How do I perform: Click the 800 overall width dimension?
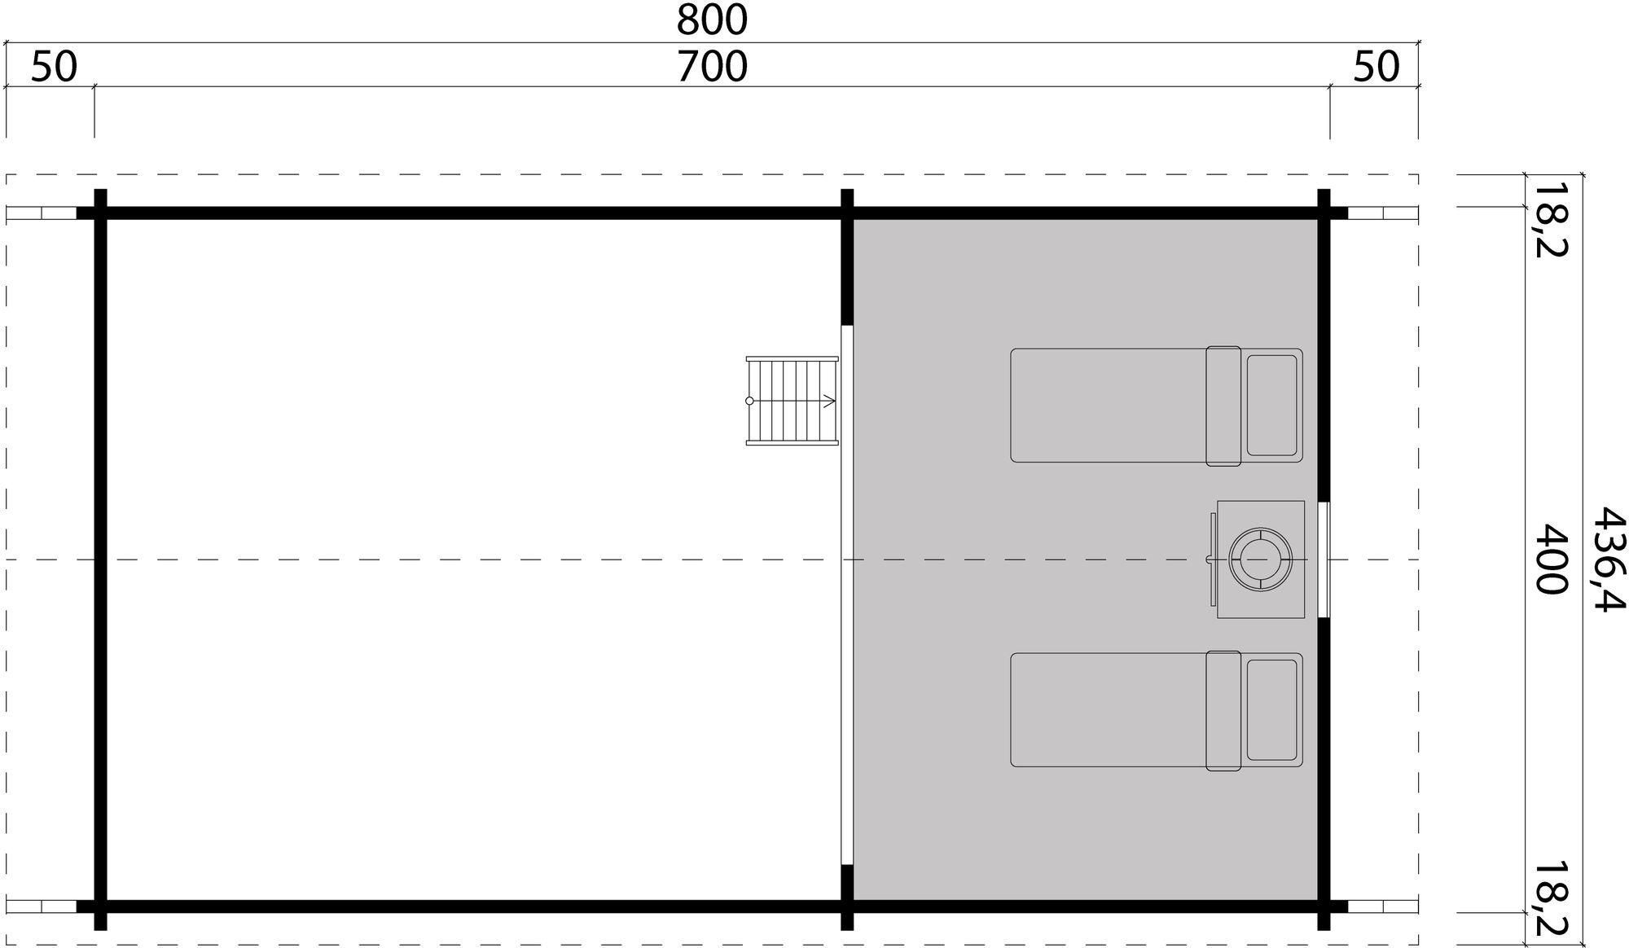711,20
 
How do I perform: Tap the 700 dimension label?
711,67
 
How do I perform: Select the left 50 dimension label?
54,67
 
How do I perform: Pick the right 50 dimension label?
1377,67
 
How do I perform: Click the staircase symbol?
792,401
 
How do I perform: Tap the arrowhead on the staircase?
829,401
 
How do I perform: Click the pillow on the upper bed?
1271,405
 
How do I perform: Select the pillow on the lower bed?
1271,709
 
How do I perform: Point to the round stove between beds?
1260,560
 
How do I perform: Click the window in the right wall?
1324,560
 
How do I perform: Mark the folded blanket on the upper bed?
1223,406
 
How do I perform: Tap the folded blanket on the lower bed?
1223,710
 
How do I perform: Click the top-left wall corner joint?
100,213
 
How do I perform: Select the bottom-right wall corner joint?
1324,906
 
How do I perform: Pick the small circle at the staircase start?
749,401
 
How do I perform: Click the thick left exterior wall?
100,559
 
